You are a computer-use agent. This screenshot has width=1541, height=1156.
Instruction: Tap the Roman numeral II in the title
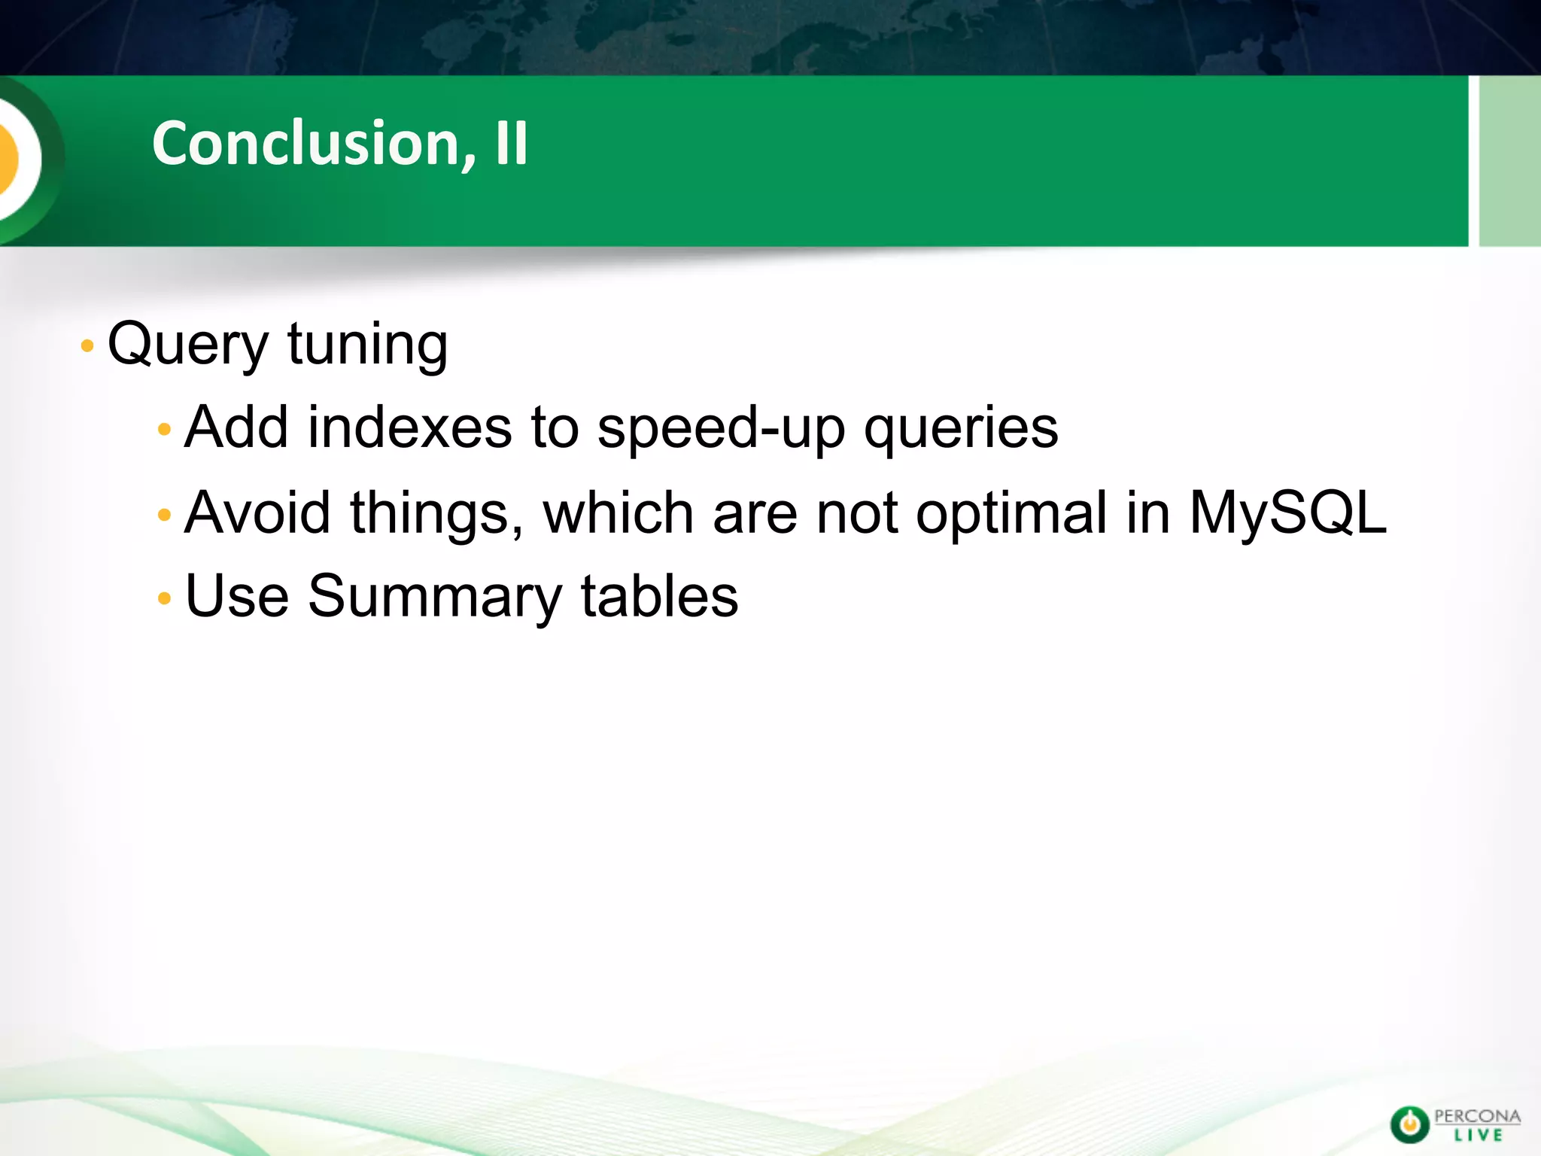coord(512,143)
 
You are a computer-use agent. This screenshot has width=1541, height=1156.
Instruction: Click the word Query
coord(188,345)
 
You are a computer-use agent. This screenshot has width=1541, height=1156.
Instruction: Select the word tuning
coord(367,345)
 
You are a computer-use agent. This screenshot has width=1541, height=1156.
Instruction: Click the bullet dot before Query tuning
coord(87,346)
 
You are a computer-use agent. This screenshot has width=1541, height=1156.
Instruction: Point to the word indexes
coord(410,427)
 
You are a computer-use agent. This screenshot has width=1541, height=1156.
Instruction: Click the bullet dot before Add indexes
coord(165,430)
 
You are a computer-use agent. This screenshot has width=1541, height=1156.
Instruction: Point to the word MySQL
coord(1287,513)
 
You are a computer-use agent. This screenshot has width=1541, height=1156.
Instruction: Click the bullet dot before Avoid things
coord(165,516)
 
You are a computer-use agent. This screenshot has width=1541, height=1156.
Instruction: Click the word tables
coord(659,596)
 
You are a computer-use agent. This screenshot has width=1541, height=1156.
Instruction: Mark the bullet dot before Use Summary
coord(165,599)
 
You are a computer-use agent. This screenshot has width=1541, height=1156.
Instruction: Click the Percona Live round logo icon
coord(1409,1124)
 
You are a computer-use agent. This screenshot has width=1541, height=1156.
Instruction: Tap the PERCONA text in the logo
coord(1477,1116)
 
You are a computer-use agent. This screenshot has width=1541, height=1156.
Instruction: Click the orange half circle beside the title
coord(9,158)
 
